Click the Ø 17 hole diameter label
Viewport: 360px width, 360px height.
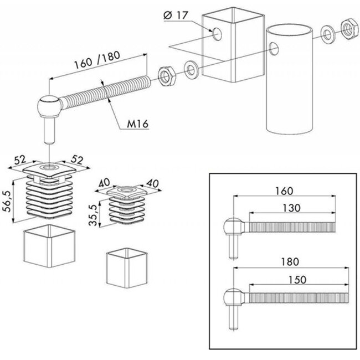[x=176, y=16]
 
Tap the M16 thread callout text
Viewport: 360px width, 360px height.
[x=138, y=124]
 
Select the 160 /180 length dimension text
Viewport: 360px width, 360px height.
[x=97, y=60]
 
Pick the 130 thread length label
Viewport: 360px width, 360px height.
[x=291, y=208]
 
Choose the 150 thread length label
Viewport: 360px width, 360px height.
[x=297, y=280]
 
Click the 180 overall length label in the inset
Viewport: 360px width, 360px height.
[x=290, y=261]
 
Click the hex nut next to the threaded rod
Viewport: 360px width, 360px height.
[x=167, y=76]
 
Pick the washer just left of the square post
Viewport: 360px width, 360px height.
[x=191, y=69]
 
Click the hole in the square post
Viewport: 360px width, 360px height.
[x=217, y=34]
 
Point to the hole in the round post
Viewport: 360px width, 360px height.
[x=274, y=48]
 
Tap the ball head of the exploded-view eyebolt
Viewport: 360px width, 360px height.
[x=48, y=106]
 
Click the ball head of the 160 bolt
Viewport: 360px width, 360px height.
[x=234, y=227]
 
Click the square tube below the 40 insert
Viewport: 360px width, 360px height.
[x=126, y=268]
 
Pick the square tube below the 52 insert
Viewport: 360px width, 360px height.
[x=50, y=246]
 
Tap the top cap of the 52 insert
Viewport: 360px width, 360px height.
[x=49, y=170]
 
